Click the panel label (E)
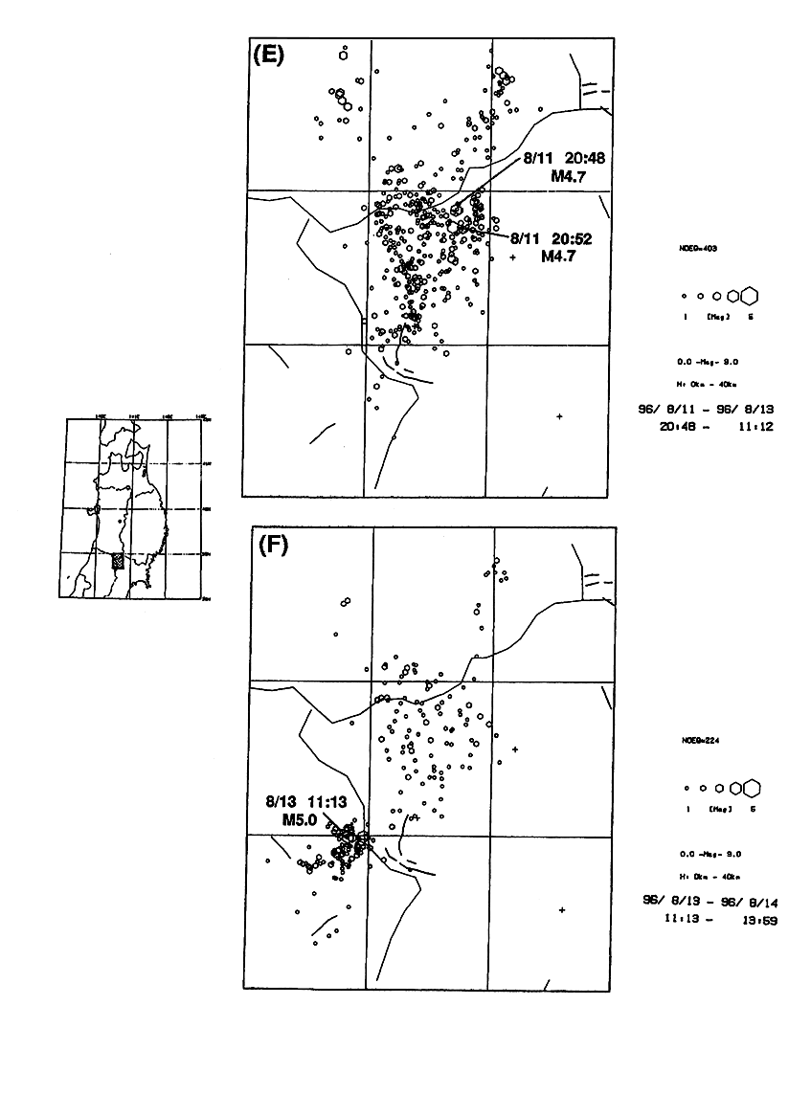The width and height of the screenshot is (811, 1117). coord(267,55)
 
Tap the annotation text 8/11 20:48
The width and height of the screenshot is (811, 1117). coord(566,160)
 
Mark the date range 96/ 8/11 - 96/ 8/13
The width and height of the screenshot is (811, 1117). coord(706,409)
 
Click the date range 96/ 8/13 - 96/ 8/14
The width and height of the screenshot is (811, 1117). coord(706,901)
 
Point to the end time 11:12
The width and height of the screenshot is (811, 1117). coord(755,426)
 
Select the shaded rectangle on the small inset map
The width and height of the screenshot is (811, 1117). coord(118,562)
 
